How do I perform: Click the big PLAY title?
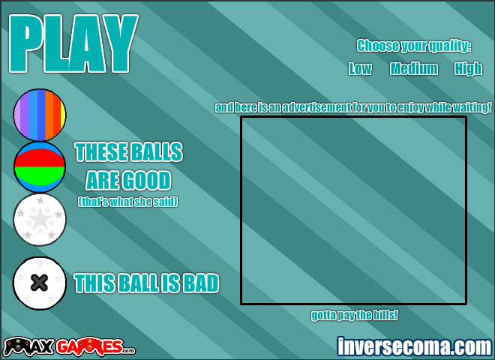73,43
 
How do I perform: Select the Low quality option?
360,68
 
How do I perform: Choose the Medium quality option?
414,68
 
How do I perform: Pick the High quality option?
468,68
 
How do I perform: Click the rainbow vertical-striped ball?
40,115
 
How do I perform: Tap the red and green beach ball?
40,167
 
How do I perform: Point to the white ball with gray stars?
40,220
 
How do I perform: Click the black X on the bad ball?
40,283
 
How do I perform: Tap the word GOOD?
147,180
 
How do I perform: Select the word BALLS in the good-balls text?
157,152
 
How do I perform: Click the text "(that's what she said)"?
127,202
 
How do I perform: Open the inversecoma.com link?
415,346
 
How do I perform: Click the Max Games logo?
69,346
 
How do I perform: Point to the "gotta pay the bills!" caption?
354,315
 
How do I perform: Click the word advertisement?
316,107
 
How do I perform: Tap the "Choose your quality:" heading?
414,46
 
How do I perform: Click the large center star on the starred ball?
40,218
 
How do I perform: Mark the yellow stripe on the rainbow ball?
63,115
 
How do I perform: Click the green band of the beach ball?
40,175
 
